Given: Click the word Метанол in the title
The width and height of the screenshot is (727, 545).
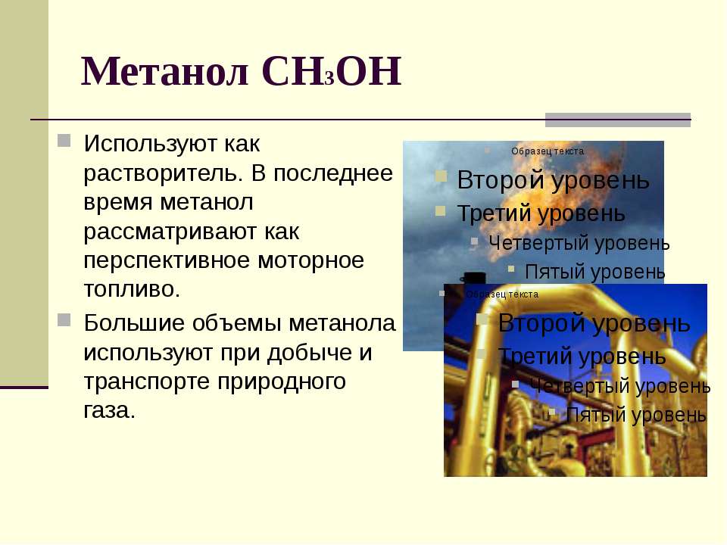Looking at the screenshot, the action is click(164, 71).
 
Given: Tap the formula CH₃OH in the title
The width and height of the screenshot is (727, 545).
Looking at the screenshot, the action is click(331, 71).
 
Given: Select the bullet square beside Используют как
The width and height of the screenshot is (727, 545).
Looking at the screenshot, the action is click(64, 141).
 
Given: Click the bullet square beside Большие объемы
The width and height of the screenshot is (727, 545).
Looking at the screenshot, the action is click(64, 319).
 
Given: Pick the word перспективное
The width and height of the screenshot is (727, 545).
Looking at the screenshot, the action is click(167, 260).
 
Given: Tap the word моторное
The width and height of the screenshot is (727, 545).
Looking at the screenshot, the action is click(310, 260).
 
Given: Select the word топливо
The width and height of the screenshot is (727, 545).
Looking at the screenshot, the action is click(132, 289).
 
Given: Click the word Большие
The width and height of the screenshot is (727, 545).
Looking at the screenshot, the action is click(135, 322).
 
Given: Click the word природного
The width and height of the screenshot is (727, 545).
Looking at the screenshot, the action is click(282, 381).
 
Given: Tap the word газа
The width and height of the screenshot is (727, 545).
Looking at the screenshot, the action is click(109, 410).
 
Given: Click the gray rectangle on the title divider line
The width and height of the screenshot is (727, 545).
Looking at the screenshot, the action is click(618, 120).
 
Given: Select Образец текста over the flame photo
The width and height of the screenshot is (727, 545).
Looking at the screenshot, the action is click(548, 151).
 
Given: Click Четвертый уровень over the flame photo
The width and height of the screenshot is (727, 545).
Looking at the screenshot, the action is click(579, 243).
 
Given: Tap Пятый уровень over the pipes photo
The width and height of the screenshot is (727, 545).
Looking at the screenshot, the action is click(636, 414).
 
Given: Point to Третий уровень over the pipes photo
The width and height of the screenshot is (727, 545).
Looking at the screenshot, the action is click(582, 357).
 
